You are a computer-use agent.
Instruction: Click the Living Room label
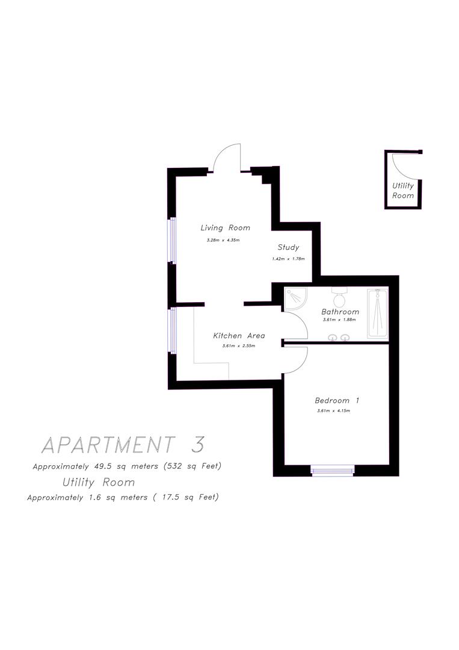coord(225,228)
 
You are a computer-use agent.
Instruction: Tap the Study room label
coord(288,247)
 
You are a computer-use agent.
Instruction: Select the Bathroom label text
coord(340,312)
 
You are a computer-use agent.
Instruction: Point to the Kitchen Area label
coord(239,336)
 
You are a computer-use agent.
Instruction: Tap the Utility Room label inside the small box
coord(403,191)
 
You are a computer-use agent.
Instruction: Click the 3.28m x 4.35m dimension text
coord(223,241)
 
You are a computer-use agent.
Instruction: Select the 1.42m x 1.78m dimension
coord(288,259)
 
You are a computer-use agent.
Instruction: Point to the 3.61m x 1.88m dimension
coord(339,320)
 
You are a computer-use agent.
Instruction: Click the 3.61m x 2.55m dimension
coord(239,346)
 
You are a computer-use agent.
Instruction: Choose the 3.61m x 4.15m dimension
coord(333,411)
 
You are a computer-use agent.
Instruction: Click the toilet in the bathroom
coord(339,297)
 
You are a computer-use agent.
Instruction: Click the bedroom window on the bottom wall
coord(333,471)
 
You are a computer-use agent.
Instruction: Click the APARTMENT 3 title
coord(123,445)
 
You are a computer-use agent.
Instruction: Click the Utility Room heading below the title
coord(99,482)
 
